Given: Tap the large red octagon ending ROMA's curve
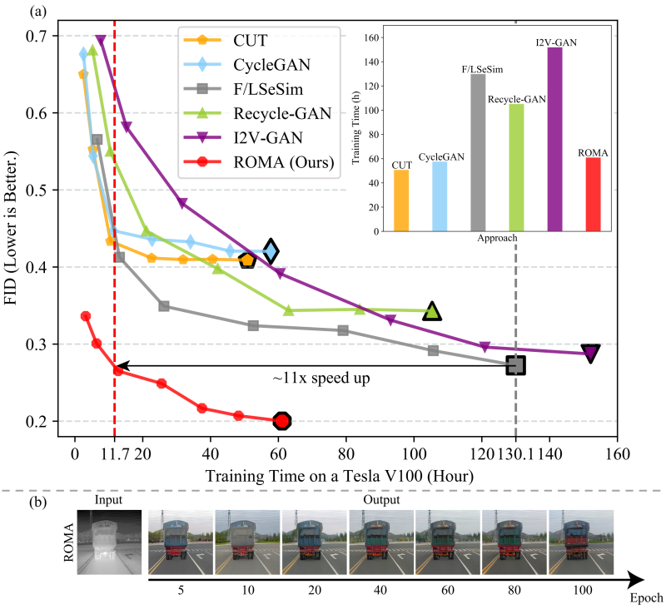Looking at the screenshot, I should click(282, 421).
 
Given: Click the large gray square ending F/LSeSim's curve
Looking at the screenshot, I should click(516, 364).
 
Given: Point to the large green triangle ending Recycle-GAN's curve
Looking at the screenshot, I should click(432, 311).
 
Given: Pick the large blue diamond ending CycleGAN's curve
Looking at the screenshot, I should click(270, 250).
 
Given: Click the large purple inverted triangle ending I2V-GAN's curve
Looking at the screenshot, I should click(590, 353).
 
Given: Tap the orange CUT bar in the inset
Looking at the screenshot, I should click(401, 200).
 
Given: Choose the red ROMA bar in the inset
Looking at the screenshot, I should click(593, 194).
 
